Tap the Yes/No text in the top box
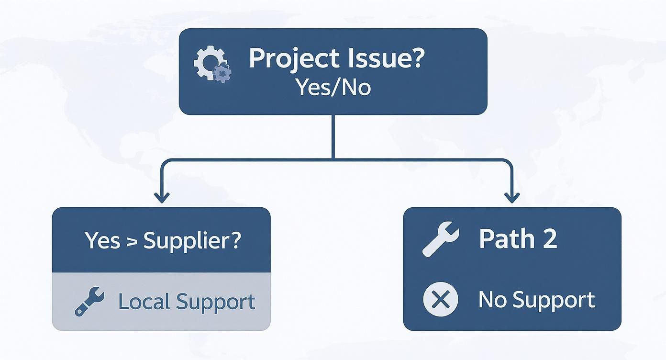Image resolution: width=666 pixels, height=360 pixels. pyautogui.click(x=333, y=88)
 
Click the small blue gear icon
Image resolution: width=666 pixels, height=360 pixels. pyautogui.click(x=222, y=73)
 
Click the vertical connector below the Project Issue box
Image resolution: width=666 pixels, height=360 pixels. pyautogui.click(x=333, y=136)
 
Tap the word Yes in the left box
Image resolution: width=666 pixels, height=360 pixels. pyautogui.click(x=102, y=240)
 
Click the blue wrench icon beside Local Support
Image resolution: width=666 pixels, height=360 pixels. pyautogui.click(x=89, y=301)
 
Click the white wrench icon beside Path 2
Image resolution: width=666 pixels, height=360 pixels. pyautogui.click(x=441, y=238)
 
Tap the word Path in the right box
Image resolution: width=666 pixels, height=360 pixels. pyautogui.click(x=507, y=238)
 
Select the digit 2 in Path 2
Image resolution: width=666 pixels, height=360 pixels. pyautogui.click(x=549, y=239)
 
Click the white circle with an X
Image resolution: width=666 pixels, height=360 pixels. pyautogui.click(x=441, y=300)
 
